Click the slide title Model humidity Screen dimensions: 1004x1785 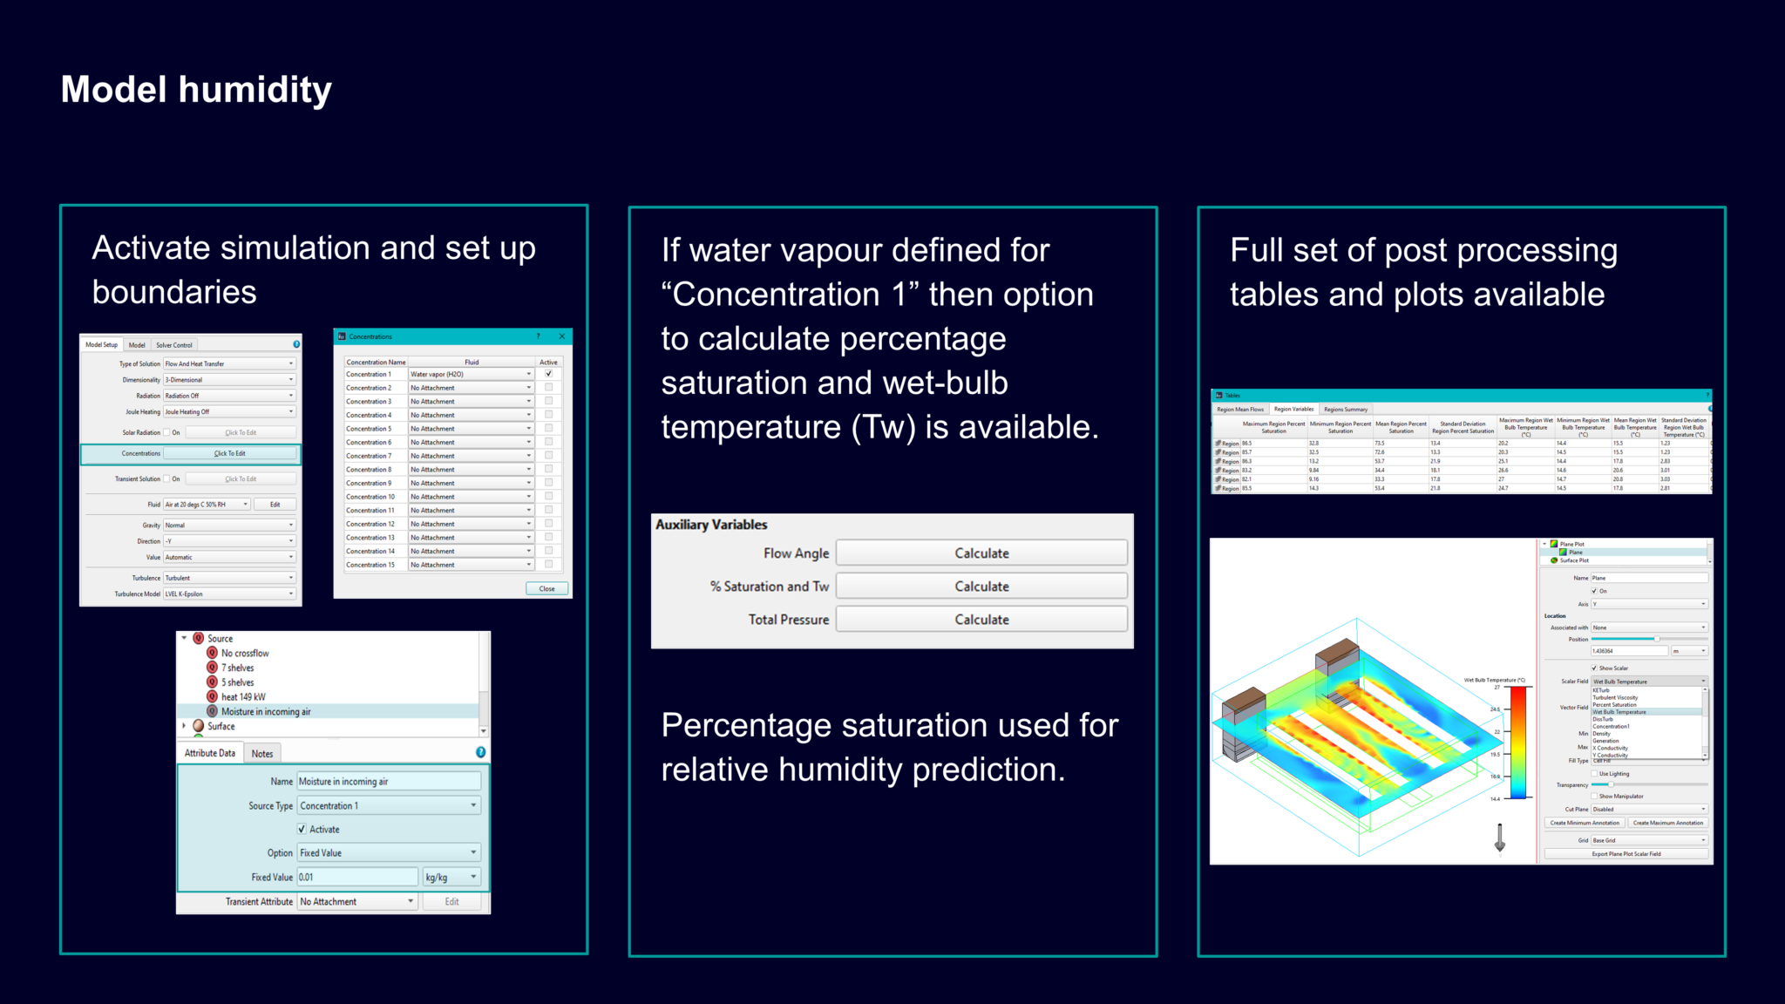point(196,90)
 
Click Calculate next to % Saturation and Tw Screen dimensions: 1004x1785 point(981,587)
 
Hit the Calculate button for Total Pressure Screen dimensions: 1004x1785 point(981,620)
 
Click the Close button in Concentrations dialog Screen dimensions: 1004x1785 point(546,589)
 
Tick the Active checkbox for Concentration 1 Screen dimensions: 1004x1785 point(549,374)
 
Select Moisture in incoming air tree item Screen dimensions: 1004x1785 point(265,712)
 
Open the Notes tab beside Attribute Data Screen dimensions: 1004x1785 point(262,754)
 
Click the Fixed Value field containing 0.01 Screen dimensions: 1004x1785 point(356,878)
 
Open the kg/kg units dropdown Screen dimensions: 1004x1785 point(451,878)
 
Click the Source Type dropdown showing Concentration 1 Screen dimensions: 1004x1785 point(388,806)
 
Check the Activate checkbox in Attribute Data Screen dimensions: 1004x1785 point(302,830)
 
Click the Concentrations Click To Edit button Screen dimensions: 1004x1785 point(230,453)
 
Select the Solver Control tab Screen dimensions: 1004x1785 point(174,345)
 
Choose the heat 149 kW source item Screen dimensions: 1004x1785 point(242,697)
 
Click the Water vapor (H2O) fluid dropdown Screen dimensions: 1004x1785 point(471,374)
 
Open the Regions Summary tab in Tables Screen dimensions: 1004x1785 point(1346,410)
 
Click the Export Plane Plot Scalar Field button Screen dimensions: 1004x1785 point(1626,854)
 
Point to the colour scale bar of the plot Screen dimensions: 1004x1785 point(1518,743)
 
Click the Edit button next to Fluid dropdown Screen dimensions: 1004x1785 point(275,505)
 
